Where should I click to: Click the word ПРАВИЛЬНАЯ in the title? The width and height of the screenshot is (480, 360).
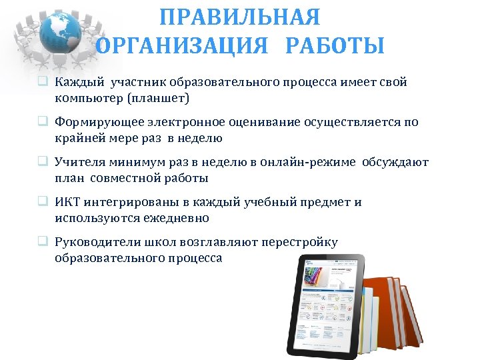[x=240, y=17]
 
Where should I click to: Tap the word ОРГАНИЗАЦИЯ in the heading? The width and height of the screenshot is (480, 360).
[x=183, y=46]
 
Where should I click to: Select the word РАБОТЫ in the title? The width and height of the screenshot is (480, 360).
[x=335, y=46]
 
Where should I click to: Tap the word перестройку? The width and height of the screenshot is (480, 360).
[x=301, y=242]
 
